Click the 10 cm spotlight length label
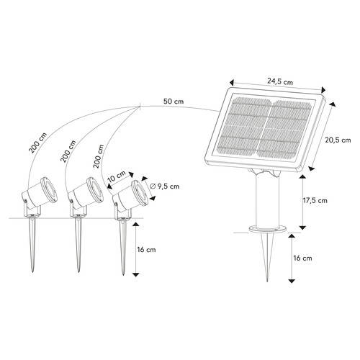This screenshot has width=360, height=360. (x=117, y=175)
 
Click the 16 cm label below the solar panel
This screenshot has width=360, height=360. (x=303, y=257)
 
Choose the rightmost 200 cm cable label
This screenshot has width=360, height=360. (x=96, y=152)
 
